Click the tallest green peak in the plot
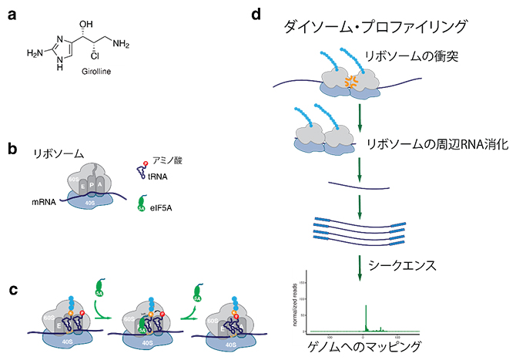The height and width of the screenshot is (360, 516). pyautogui.click(x=366, y=318)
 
